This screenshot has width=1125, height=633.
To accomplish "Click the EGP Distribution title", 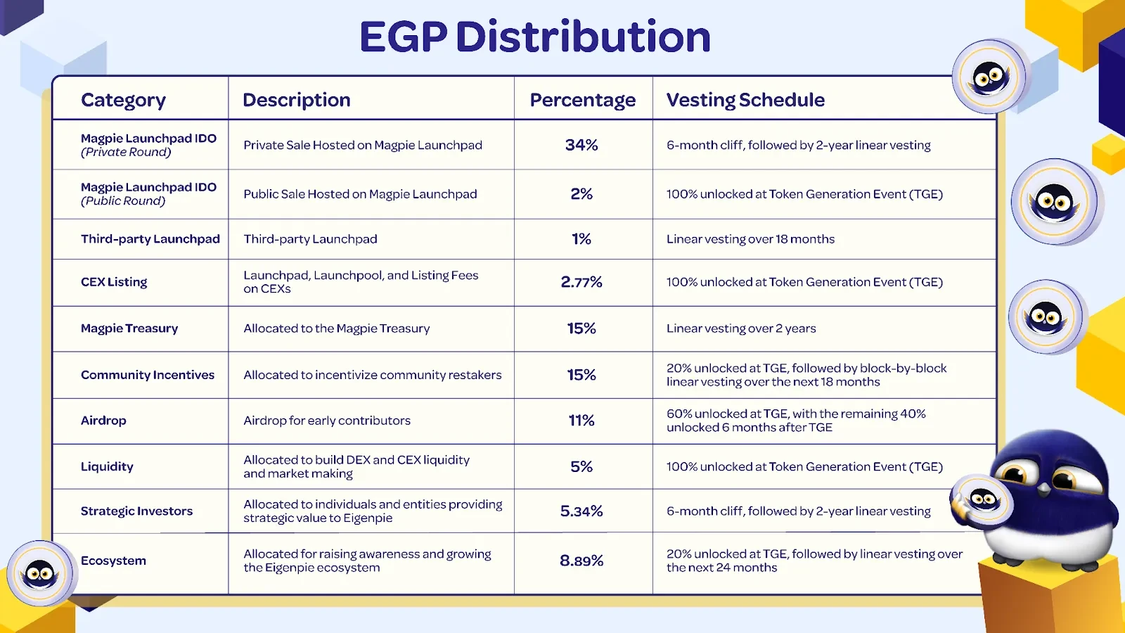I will click(x=535, y=37).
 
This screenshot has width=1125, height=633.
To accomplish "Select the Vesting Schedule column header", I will click(x=745, y=100).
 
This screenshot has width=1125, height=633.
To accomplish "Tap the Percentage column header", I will click(x=582, y=100).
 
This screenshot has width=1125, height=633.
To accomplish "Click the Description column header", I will click(x=296, y=100).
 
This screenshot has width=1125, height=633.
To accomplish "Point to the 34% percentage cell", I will click(x=581, y=145).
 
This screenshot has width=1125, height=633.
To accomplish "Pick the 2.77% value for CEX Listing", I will click(x=581, y=282).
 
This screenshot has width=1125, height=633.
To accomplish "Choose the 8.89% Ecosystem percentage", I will click(x=581, y=561).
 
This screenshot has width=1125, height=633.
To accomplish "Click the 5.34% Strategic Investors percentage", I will click(x=581, y=511).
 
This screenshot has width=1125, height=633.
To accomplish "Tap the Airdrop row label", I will click(x=103, y=421).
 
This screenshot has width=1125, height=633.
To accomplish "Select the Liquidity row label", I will click(x=107, y=466).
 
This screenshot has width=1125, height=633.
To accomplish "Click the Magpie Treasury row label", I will click(x=129, y=328).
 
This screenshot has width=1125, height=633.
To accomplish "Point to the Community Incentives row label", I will click(x=148, y=375).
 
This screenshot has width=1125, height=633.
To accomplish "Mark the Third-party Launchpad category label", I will click(x=150, y=239).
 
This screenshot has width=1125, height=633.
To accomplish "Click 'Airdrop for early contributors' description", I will click(x=327, y=421).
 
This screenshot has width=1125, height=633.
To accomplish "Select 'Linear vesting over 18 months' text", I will click(x=750, y=239).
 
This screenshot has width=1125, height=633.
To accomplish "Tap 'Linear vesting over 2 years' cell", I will click(x=741, y=328).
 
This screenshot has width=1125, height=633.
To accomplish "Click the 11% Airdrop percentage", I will click(x=581, y=421).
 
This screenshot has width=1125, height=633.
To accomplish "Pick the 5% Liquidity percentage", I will click(x=581, y=466).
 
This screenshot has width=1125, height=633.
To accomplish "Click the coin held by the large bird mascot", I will click(x=982, y=501).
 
